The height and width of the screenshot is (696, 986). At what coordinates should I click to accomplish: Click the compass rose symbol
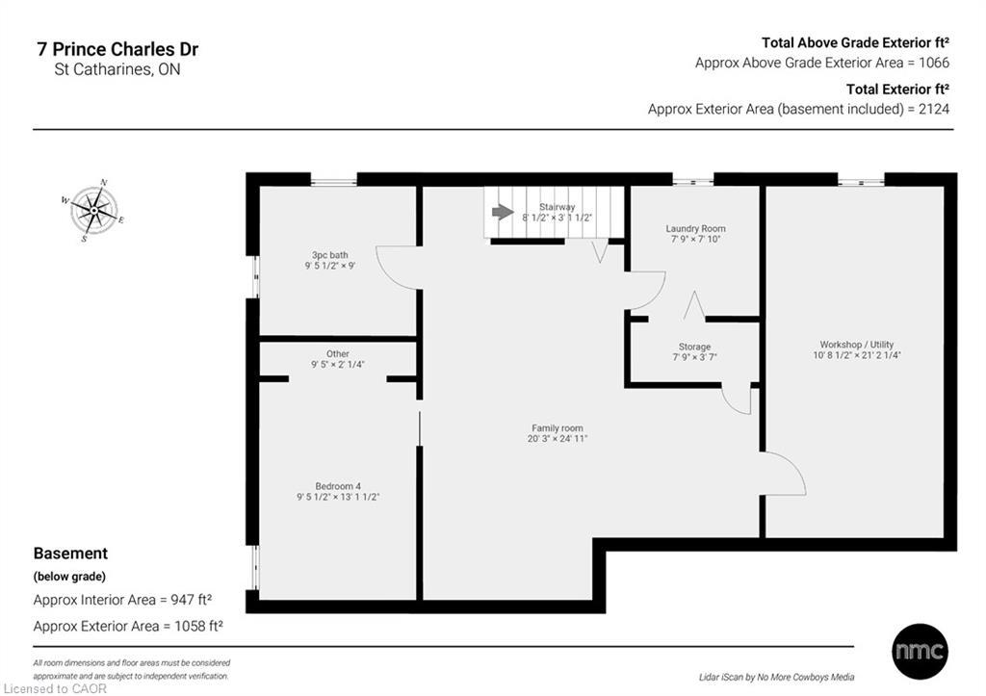point(93,209)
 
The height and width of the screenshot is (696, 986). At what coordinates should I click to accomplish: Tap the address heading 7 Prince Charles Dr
point(117,49)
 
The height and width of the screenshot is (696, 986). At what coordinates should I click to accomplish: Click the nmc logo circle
point(919,651)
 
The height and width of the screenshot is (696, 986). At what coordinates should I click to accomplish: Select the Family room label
point(558,428)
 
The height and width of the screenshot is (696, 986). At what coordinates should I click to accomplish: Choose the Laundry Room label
point(695,229)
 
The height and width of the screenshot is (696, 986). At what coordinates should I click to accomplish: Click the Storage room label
point(694,347)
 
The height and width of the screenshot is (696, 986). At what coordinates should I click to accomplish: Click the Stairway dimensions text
point(557,219)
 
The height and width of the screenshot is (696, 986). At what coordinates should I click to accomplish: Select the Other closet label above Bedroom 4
point(337,353)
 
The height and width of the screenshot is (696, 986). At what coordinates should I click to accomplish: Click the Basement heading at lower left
point(70,554)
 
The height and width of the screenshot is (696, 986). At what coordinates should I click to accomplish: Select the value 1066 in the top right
point(933,63)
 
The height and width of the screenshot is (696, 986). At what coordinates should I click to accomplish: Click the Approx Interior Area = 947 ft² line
point(122,600)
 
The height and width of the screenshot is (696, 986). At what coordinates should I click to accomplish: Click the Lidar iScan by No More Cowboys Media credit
point(776,677)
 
